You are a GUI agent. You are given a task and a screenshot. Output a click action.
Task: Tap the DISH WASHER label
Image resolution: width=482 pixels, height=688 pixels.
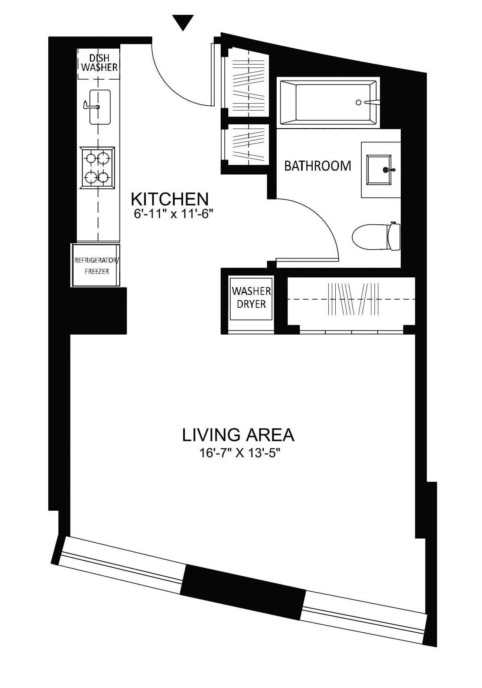click(99, 63)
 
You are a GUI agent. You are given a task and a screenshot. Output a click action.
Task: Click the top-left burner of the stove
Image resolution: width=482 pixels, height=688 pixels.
click(91, 158)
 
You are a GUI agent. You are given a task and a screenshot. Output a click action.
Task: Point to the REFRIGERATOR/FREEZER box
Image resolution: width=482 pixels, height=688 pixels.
click(97, 266)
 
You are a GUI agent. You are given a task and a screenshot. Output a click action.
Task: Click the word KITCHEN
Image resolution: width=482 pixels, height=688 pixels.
click(170, 199)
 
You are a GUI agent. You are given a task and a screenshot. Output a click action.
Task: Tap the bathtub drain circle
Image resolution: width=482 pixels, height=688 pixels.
click(358, 102)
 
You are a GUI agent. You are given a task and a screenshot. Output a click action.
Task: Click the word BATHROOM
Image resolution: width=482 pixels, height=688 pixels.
click(317, 166)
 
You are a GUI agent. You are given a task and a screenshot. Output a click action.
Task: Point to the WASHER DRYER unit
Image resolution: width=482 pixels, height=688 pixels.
click(251, 298)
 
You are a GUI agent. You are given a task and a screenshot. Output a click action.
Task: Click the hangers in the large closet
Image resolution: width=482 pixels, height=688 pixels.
click(353, 299)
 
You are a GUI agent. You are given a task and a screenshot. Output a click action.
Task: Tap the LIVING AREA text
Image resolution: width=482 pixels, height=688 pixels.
click(238, 435)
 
